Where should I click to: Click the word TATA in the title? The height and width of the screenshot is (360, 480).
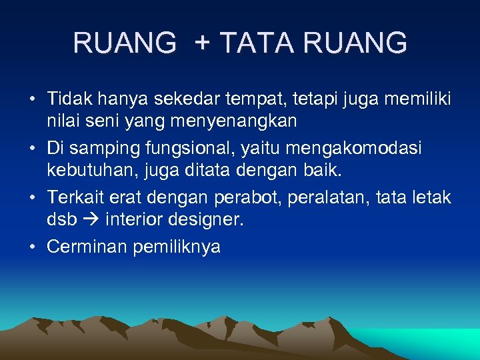point(256,43)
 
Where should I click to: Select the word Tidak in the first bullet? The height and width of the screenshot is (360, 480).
point(69,99)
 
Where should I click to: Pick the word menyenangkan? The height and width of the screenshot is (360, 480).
point(227,122)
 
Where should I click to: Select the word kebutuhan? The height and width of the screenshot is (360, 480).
point(83,171)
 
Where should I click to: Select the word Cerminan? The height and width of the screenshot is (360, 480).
point(87,247)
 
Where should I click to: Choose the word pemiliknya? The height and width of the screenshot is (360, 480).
point(177,247)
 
